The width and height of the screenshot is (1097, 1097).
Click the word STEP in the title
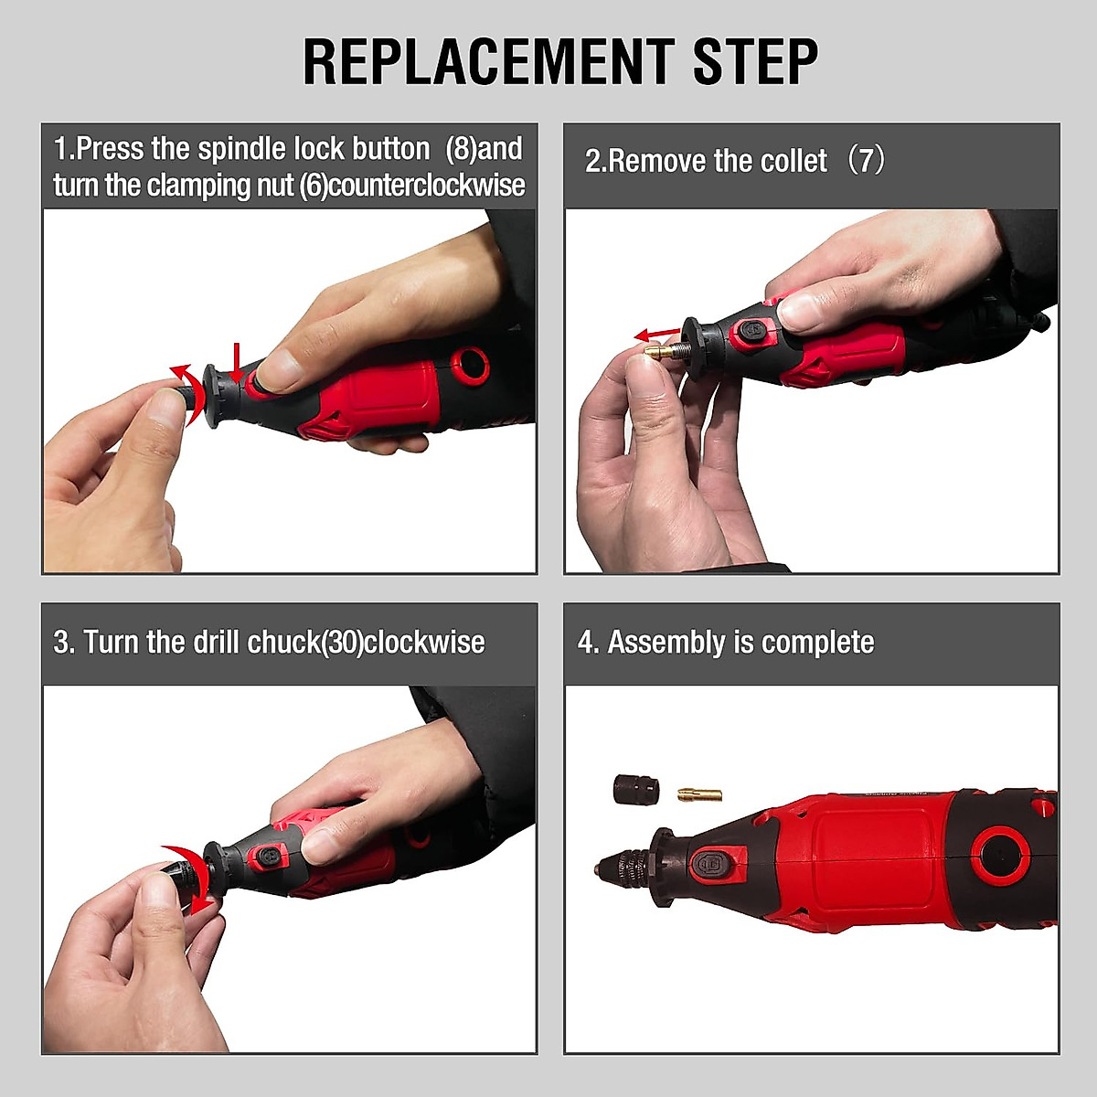click(x=754, y=62)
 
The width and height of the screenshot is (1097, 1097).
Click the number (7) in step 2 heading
click(x=865, y=161)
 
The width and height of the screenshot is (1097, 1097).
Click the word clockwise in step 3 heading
click(x=424, y=642)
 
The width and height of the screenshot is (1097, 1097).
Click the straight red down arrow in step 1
click(x=237, y=362)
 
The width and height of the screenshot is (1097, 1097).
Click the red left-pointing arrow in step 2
click(x=658, y=334)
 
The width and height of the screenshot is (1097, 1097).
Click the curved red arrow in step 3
click(x=192, y=878)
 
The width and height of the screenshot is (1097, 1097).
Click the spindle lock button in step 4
click(x=711, y=862)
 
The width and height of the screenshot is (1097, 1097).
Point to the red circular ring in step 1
click(x=473, y=363)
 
